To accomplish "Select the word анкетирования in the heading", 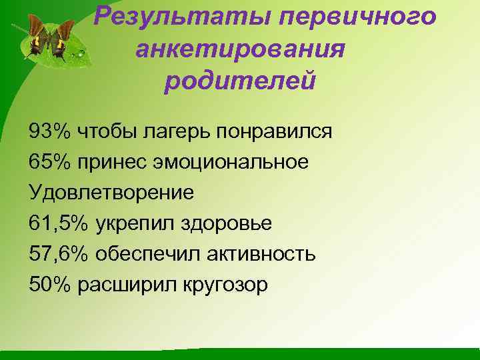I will pos(240,49).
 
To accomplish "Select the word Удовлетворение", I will pos(111,193).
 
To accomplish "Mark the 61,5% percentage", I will pos(59,223).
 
